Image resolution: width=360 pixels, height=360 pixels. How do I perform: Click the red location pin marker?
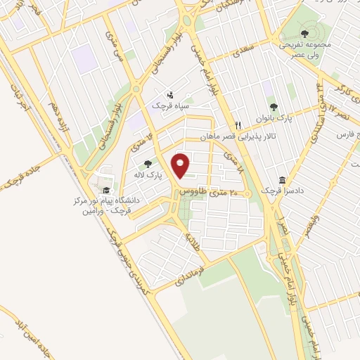182,165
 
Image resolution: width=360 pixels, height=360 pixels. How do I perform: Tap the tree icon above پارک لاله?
147,164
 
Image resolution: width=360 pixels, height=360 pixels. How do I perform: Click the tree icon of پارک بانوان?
272,107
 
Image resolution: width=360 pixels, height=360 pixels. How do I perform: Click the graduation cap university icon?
106,190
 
